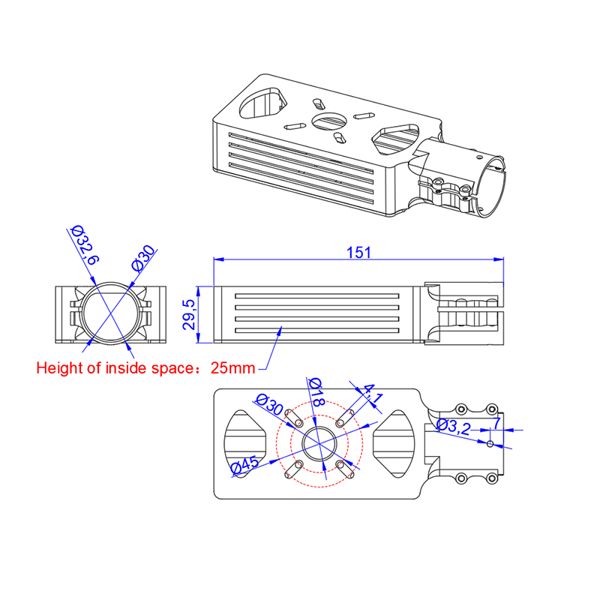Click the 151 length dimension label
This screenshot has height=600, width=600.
coord(358,253)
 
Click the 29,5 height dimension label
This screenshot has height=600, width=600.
coord(189,314)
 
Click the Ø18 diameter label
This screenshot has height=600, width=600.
coord(316,391)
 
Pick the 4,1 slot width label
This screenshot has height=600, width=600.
coord(372,394)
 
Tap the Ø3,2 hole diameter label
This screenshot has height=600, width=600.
coord(454,427)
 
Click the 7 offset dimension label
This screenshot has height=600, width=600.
coord(496,424)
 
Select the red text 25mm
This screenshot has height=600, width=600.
coord(232,368)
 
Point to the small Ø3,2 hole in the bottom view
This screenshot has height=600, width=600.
coord(490,444)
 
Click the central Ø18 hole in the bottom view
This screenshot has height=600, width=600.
coord(319,443)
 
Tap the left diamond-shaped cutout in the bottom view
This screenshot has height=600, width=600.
coord(245,443)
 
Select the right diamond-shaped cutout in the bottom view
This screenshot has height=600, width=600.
coord(394,444)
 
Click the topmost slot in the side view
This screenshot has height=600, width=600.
coord(316,296)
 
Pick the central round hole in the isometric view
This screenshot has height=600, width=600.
coord(329,121)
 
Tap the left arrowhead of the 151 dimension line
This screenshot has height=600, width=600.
coord(218,259)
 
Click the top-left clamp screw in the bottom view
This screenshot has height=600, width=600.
coord(461,409)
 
